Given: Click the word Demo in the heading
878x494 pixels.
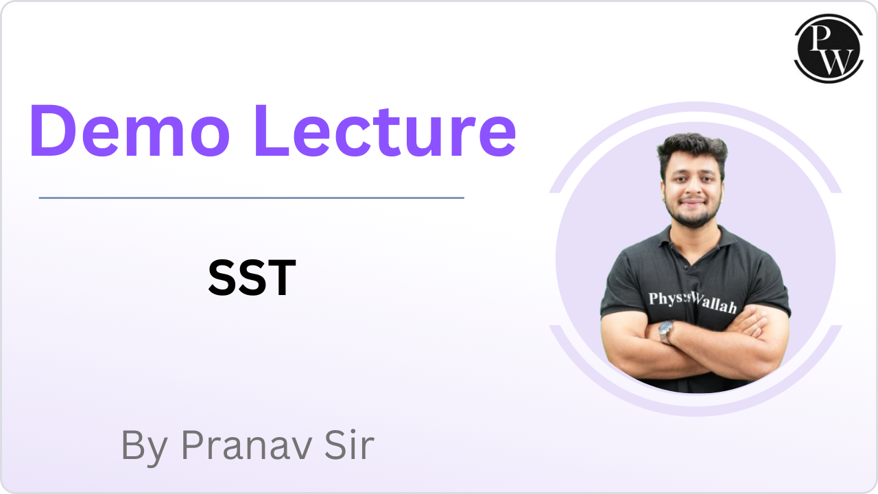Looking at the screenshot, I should tap(130, 130).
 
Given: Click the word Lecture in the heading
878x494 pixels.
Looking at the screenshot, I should tap(384, 130).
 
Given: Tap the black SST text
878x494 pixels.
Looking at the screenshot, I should tap(252, 278).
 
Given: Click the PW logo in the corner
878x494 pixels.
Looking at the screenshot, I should tap(829, 49).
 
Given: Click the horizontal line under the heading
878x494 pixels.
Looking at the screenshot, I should tap(251, 198).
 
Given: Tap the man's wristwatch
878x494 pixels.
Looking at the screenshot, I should tap(665, 331).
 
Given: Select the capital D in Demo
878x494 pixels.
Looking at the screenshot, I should tap(52, 130).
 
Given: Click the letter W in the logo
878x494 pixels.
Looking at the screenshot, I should tap(834, 62).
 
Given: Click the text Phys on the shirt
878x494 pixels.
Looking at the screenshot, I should tap(665, 299).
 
